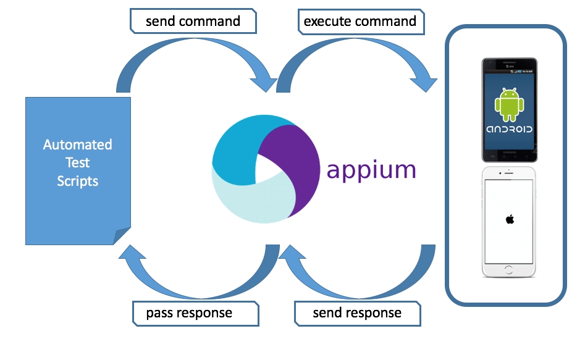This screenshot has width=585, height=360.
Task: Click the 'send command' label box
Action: pyautogui.click(x=193, y=22)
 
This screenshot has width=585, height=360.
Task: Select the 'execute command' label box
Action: pyautogui.click(x=360, y=22)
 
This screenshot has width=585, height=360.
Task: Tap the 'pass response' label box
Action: pyautogui.click(x=189, y=313)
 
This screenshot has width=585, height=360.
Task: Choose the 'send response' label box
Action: pyautogui.click(x=357, y=313)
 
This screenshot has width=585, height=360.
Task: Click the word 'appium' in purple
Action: pyautogui.click(x=371, y=169)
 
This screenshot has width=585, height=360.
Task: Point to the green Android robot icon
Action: pyautogui.click(x=509, y=104)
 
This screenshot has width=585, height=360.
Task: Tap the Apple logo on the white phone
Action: pyautogui.click(x=510, y=219)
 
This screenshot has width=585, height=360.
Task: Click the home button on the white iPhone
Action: pyautogui.click(x=509, y=269)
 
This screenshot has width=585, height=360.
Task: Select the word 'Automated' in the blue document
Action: pyautogui.click(x=77, y=145)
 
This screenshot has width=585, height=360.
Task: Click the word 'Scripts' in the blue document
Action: pyautogui.click(x=77, y=181)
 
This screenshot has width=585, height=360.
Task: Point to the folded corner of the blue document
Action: pyautogui.click(x=122, y=236)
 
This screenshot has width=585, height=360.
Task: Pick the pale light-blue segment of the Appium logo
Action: pyautogui.click(x=247, y=198)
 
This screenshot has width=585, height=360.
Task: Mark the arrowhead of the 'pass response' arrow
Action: pyautogui.click(x=133, y=254)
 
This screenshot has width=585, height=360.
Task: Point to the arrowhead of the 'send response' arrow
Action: pyautogui.click(x=292, y=254)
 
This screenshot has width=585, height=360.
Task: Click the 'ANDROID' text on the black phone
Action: pyautogui.click(x=509, y=130)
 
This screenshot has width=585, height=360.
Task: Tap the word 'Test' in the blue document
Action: pyautogui.click(x=77, y=163)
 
